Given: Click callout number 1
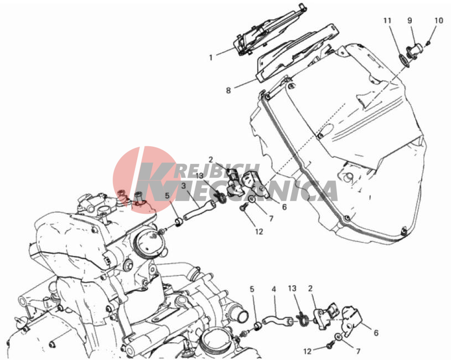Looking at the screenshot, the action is (x=211, y=58).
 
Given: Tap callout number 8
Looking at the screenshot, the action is (x=228, y=91).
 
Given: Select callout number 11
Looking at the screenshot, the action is (x=387, y=20).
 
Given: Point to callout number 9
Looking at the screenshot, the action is (x=409, y=20).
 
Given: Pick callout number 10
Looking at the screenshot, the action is (x=439, y=20).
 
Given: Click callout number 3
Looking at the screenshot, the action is (x=184, y=186).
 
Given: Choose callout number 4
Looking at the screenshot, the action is (x=274, y=289).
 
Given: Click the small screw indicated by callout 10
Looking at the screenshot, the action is (x=428, y=43).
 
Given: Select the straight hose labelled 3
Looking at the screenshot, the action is (x=199, y=210).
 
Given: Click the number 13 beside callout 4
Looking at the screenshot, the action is (x=292, y=289).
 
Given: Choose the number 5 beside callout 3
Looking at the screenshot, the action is (x=167, y=196).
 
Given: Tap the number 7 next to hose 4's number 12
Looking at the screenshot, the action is (x=358, y=351).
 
